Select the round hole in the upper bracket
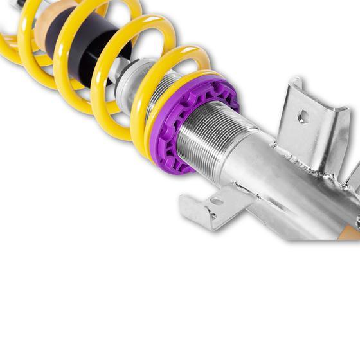tap(303, 117)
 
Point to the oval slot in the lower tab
tap(217, 201)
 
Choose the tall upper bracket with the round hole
tap(309, 129)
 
